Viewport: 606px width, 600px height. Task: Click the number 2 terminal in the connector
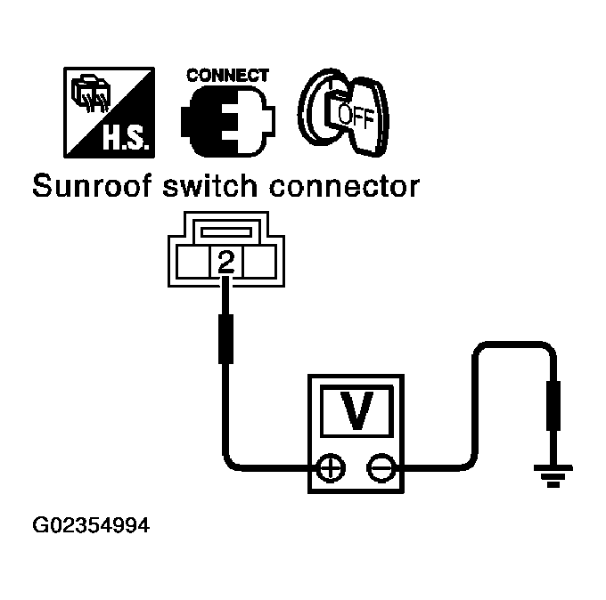pyautogui.click(x=226, y=262)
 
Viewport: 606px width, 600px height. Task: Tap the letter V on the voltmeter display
pyautogui.click(x=356, y=410)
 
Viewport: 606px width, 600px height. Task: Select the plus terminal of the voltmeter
pyautogui.click(x=331, y=468)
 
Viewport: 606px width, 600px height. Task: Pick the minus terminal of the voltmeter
pyautogui.click(x=381, y=468)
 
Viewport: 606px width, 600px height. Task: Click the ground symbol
pyautogui.click(x=553, y=475)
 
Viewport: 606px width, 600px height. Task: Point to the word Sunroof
pyautogui.click(x=92, y=186)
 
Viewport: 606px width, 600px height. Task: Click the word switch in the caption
pyautogui.click(x=209, y=186)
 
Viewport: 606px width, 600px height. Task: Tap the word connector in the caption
pyautogui.click(x=344, y=186)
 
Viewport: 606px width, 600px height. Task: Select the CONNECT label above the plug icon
pyautogui.click(x=227, y=76)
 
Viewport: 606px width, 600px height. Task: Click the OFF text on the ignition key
pyautogui.click(x=356, y=114)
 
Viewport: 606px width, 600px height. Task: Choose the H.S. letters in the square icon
pyautogui.click(x=126, y=138)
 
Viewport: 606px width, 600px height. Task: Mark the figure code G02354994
pyautogui.click(x=91, y=525)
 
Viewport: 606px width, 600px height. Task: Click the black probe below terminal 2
pyautogui.click(x=225, y=338)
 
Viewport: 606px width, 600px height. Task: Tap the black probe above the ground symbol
pyautogui.click(x=553, y=405)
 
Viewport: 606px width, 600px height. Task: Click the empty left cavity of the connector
pyautogui.click(x=192, y=262)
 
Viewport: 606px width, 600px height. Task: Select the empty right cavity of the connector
pyautogui.click(x=259, y=262)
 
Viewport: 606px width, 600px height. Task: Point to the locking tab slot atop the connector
pyautogui.click(x=226, y=232)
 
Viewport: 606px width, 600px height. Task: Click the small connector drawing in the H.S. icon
pyautogui.click(x=90, y=93)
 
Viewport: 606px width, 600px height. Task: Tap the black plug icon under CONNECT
pyautogui.click(x=227, y=121)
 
